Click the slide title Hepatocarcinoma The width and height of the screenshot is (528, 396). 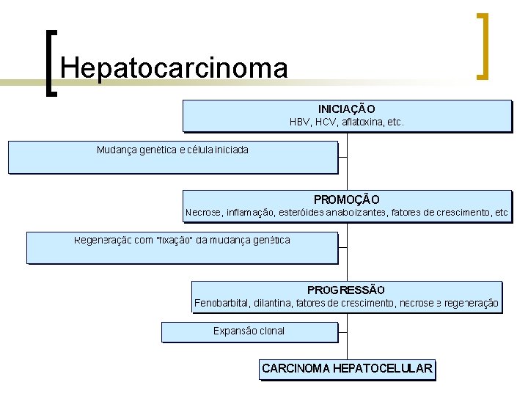click(x=175, y=68)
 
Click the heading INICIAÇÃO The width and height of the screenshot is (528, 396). click(x=346, y=109)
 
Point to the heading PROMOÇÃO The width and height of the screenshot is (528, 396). click(x=346, y=199)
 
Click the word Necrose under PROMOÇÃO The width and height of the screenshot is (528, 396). click(x=202, y=213)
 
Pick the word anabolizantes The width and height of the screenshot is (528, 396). click(x=357, y=213)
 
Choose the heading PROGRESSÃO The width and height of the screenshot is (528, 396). click(x=346, y=290)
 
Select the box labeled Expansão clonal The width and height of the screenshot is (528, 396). click(x=249, y=331)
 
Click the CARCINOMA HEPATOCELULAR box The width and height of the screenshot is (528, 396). click(x=347, y=369)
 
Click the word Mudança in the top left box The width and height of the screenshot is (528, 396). click(x=116, y=150)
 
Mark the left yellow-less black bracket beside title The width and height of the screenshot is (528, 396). click(x=50, y=63)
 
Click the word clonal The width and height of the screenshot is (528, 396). click(x=270, y=331)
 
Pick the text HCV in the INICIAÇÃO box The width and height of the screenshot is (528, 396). click(x=326, y=122)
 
